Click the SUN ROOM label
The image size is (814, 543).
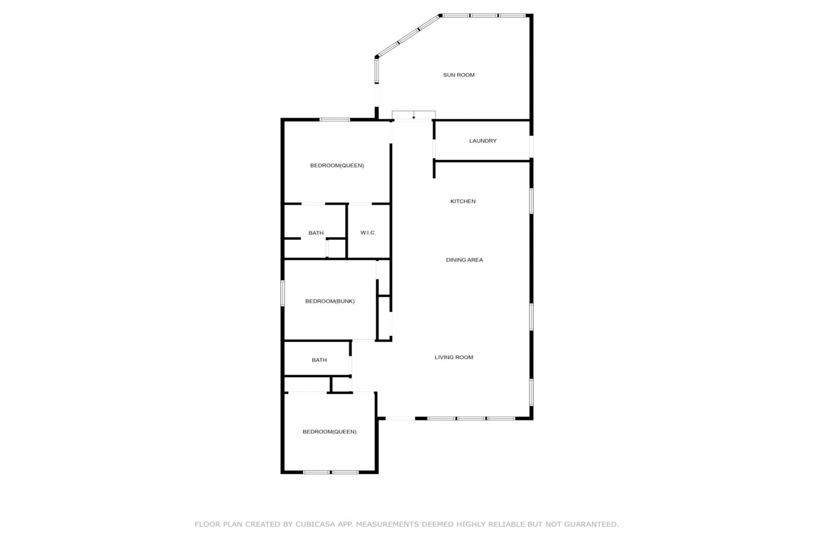click(458, 75)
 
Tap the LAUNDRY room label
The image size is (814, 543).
click(483, 141)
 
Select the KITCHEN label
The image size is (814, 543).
click(463, 201)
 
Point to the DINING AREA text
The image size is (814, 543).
click(464, 260)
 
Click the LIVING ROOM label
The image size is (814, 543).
click(454, 357)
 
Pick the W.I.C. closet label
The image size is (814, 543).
click(368, 233)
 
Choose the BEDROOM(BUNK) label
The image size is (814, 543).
click(330, 301)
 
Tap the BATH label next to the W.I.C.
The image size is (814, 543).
click(316, 233)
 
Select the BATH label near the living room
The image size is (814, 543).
click(319, 360)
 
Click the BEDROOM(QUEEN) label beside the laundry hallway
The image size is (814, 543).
click(337, 165)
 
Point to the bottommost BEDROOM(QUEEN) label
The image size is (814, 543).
click(329, 431)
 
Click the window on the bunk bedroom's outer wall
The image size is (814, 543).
click(282, 293)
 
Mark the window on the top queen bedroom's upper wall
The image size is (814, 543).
click(334, 119)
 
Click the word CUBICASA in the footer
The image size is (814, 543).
click(315, 524)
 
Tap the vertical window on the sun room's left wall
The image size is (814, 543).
click(377, 71)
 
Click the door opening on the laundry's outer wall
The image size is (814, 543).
click(531, 147)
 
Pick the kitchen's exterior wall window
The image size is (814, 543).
click(531, 201)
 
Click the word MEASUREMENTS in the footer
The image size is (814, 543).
click(386, 524)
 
